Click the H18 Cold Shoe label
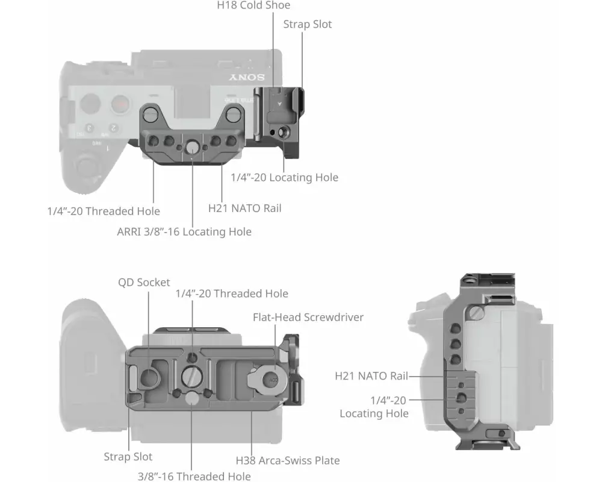point(253,5)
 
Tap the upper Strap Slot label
point(307,24)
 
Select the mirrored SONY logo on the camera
point(247,77)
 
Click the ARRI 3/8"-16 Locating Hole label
point(184,232)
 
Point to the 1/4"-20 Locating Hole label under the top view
point(285,177)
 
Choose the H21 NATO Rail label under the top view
point(245,208)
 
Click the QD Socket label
point(144,283)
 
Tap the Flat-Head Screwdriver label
point(308,317)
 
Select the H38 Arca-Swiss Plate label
point(288,460)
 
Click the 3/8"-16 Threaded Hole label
point(194,476)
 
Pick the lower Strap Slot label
point(128,457)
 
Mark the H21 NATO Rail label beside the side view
point(371,376)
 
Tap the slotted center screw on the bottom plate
point(191,377)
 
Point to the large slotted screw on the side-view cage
point(477,313)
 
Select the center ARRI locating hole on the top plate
point(192,147)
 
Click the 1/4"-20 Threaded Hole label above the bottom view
point(232,293)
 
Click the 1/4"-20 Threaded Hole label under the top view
point(104,211)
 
